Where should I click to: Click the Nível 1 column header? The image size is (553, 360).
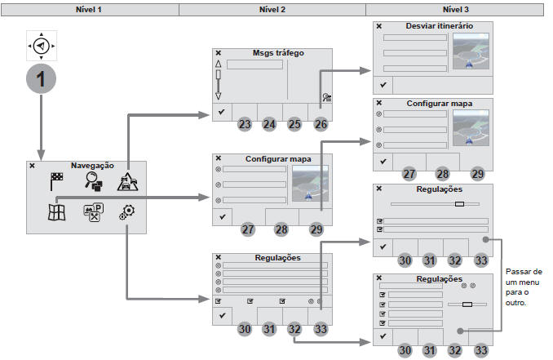[89, 10]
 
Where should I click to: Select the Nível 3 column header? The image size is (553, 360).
[456, 10]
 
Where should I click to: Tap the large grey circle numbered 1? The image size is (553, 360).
[42, 78]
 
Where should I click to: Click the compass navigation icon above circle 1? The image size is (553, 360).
[42, 46]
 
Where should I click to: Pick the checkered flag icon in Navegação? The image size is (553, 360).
[56, 181]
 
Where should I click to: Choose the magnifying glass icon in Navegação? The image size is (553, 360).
[94, 182]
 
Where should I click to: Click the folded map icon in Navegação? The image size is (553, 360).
[57, 212]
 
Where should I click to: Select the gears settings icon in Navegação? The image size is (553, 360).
[127, 212]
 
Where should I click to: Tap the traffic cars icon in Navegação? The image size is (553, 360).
[128, 182]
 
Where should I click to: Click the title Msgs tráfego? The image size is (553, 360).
[278, 53]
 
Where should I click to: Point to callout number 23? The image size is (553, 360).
[245, 124]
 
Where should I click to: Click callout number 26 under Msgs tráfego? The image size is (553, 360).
[321, 124]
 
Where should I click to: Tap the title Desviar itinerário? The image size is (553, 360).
[440, 26]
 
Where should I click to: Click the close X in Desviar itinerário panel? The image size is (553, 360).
[379, 26]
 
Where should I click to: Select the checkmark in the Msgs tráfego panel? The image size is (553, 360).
[222, 112]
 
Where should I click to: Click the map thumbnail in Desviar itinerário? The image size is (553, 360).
[471, 51]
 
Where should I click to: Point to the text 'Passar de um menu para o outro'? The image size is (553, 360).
[524, 287]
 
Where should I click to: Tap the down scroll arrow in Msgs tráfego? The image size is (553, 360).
[219, 96]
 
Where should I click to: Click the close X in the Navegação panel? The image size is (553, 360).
[32, 166]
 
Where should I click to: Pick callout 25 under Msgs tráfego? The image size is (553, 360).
[294, 124]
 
